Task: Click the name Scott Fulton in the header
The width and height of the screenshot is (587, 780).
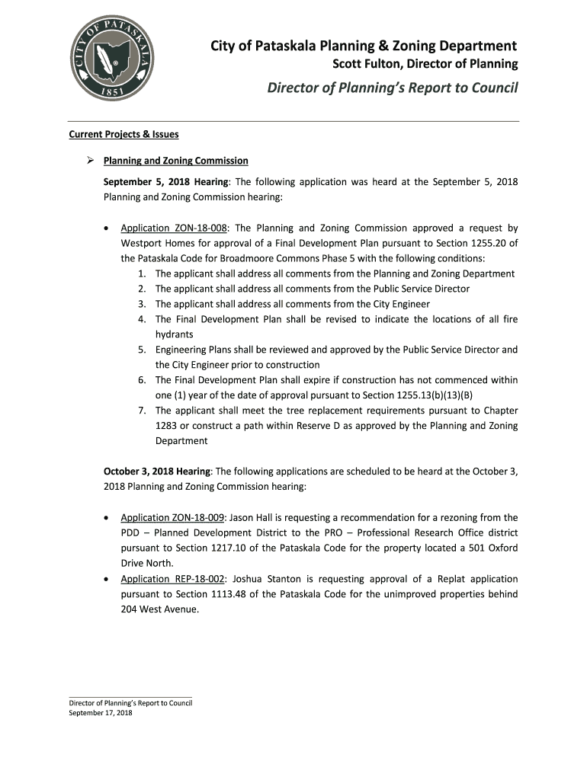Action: coord(364,65)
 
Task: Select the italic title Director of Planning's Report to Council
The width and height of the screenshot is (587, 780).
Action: coord(392,88)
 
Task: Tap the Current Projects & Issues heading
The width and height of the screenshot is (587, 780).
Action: coord(123,135)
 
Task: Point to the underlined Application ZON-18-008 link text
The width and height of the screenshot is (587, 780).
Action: coord(176,228)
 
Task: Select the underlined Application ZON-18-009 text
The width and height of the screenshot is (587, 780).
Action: coord(172,517)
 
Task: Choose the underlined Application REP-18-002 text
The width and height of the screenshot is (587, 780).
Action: coord(172,579)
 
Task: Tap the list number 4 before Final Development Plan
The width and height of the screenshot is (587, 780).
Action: coord(142,319)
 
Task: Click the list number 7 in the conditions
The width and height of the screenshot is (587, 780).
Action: coord(142,411)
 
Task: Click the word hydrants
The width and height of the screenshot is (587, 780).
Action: coord(175,334)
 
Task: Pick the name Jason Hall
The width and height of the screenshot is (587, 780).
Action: coord(251,517)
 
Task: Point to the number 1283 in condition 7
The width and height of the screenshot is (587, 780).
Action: coord(167,426)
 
